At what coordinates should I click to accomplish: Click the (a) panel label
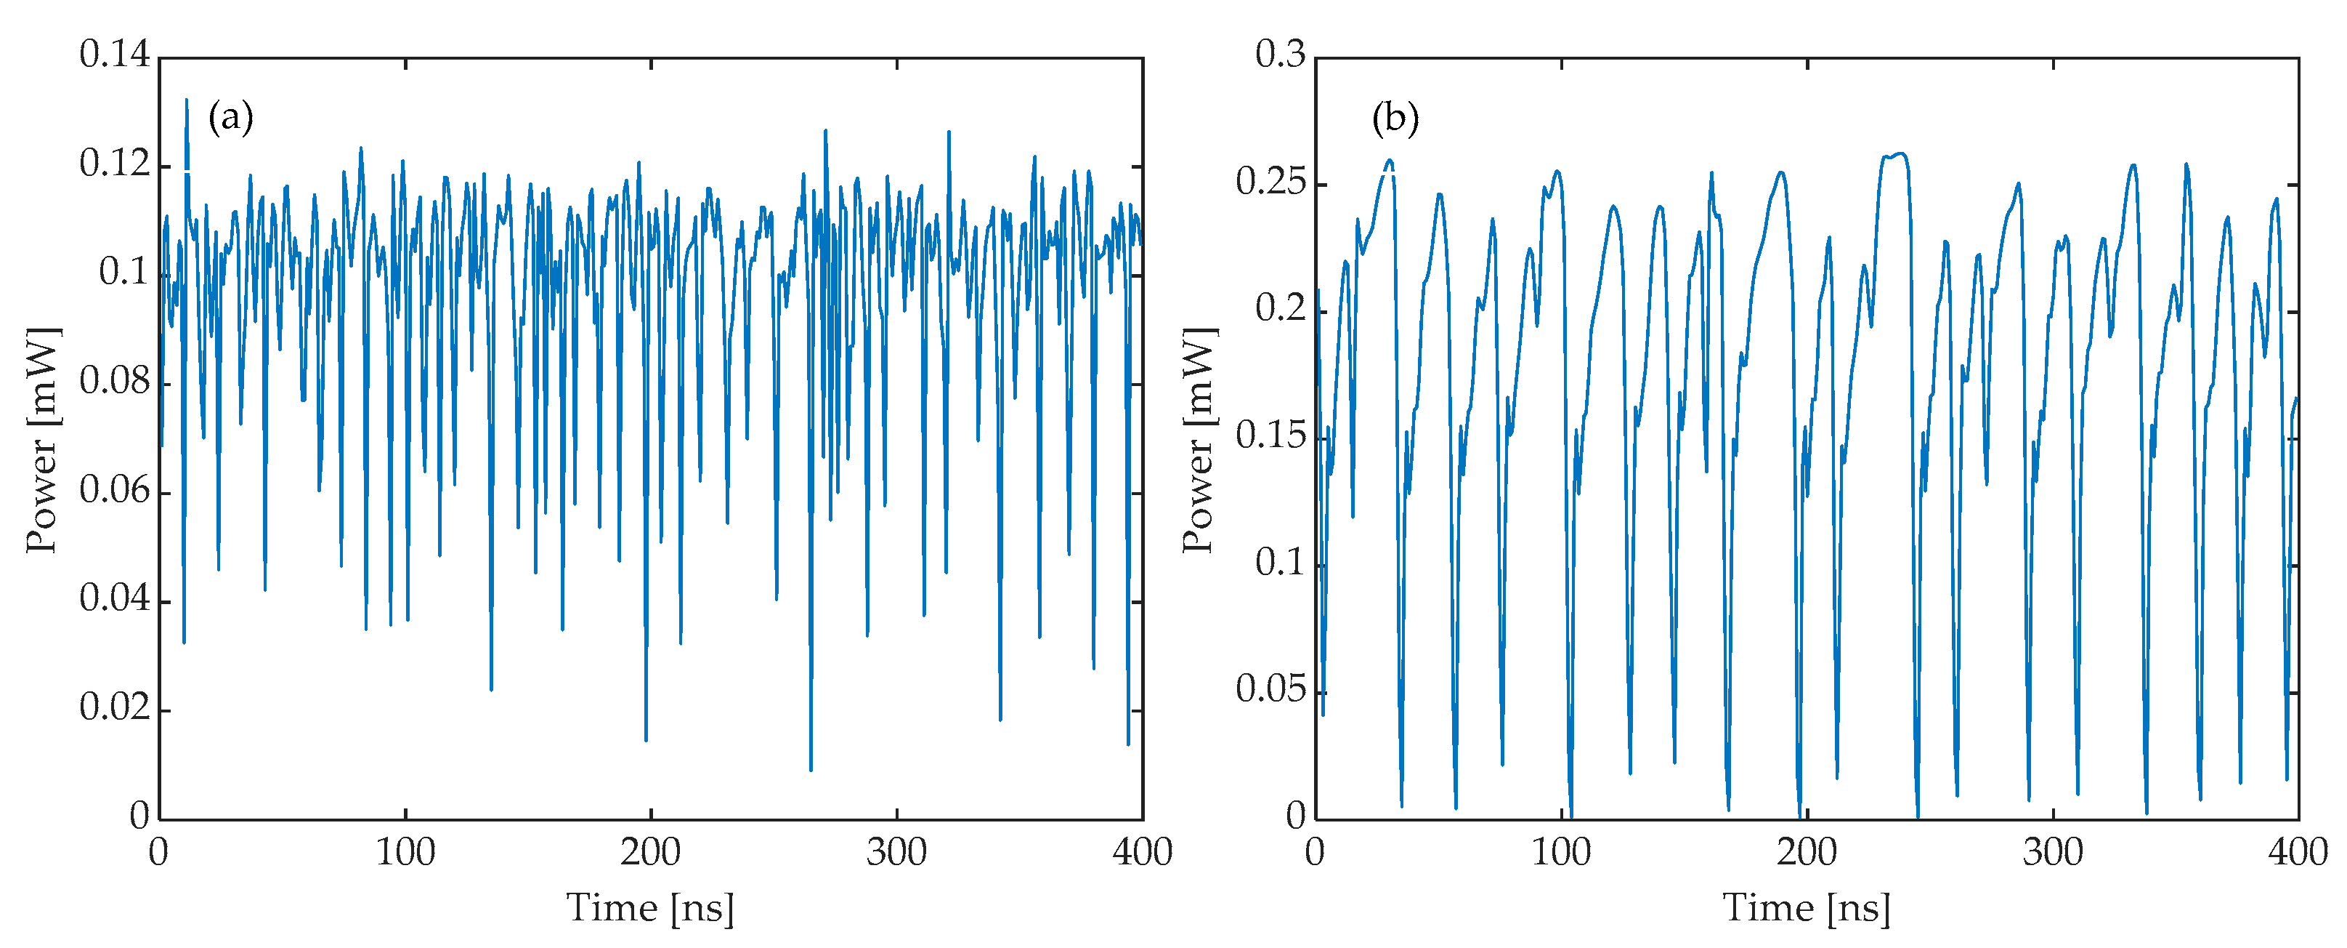[x=230, y=118]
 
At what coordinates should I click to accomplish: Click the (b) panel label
[x=1395, y=118]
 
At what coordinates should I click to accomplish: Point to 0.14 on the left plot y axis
[x=114, y=55]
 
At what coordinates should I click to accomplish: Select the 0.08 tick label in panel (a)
[x=114, y=381]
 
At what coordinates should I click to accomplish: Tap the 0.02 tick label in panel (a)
[x=114, y=707]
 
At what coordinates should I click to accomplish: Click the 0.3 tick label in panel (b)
[x=1280, y=55]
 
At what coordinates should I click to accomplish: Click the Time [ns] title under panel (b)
[x=1806, y=909]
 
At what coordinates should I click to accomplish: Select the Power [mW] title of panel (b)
[x=1198, y=439]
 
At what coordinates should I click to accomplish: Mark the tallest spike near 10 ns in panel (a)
[x=186, y=100]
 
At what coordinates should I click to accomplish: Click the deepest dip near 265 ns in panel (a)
[x=810, y=768]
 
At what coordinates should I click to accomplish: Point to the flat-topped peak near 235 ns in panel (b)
[x=1893, y=155]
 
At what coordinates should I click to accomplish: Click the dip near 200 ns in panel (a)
[x=646, y=739]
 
